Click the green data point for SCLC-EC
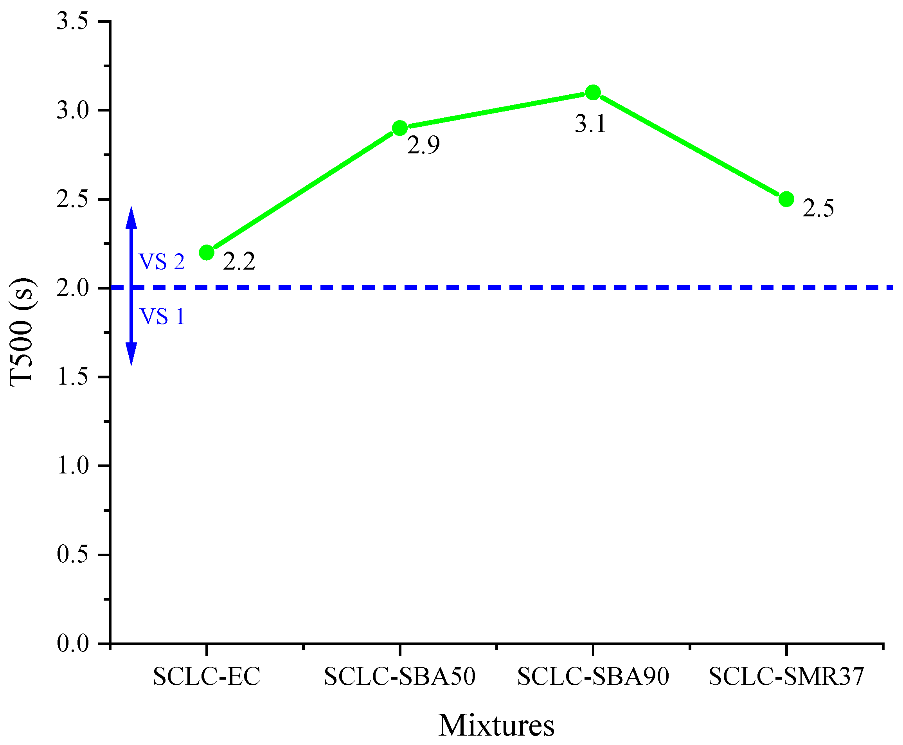tap(207, 252)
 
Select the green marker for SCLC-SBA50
tap(399, 128)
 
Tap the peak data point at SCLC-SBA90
tap(593, 92)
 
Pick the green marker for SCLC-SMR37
tap(786, 199)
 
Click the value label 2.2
tap(239, 262)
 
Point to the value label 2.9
tap(423, 146)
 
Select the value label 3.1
tap(590, 124)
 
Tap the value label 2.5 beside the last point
tap(818, 209)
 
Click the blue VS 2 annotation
tap(161, 262)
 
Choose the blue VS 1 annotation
tap(162, 317)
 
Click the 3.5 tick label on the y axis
tap(72, 22)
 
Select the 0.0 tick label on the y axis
tap(72, 644)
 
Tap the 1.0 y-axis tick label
tap(72, 466)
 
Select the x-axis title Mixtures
tap(496, 725)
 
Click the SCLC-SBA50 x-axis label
tap(399, 677)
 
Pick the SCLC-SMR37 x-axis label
tap(786, 677)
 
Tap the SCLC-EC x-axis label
tap(207, 677)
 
